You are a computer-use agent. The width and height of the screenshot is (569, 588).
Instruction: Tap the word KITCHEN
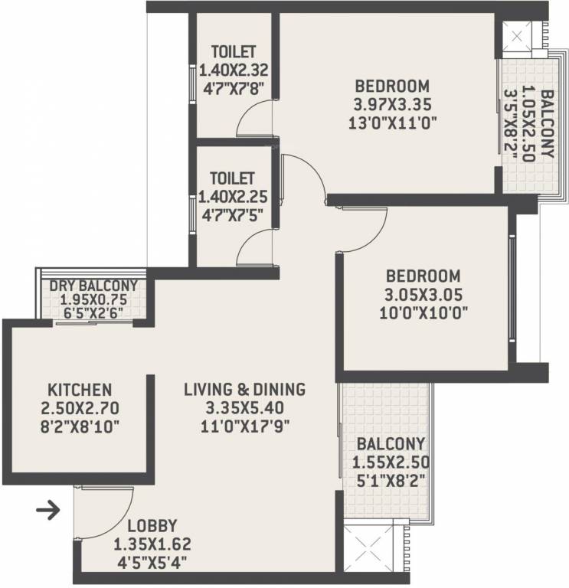click(x=80, y=389)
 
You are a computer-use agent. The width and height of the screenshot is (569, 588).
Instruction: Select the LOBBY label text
click(x=152, y=526)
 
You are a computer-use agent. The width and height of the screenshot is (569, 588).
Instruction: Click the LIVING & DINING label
click(x=244, y=389)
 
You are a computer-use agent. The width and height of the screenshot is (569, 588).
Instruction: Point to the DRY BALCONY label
click(x=93, y=286)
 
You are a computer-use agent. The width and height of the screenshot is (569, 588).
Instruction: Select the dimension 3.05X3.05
click(x=423, y=294)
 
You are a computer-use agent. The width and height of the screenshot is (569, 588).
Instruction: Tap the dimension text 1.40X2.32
click(x=233, y=70)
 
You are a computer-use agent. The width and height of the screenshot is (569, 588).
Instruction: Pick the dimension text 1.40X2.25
click(x=233, y=197)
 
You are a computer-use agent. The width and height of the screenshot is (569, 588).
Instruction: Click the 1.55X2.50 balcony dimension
click(x=390, y=462)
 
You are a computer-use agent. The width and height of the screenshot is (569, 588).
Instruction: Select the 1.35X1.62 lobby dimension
click(x=152, y=544)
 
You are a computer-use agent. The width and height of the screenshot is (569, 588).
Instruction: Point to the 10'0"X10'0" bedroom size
click(x=423, y=312)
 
